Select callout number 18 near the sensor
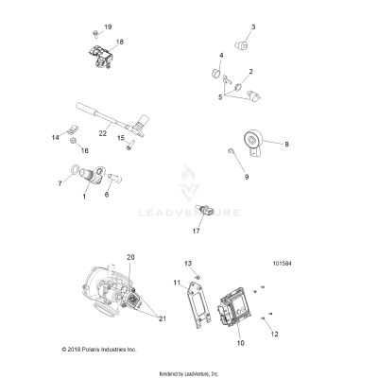coord(119,43)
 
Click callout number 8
coord(287,145)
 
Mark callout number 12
coord(275,333)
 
